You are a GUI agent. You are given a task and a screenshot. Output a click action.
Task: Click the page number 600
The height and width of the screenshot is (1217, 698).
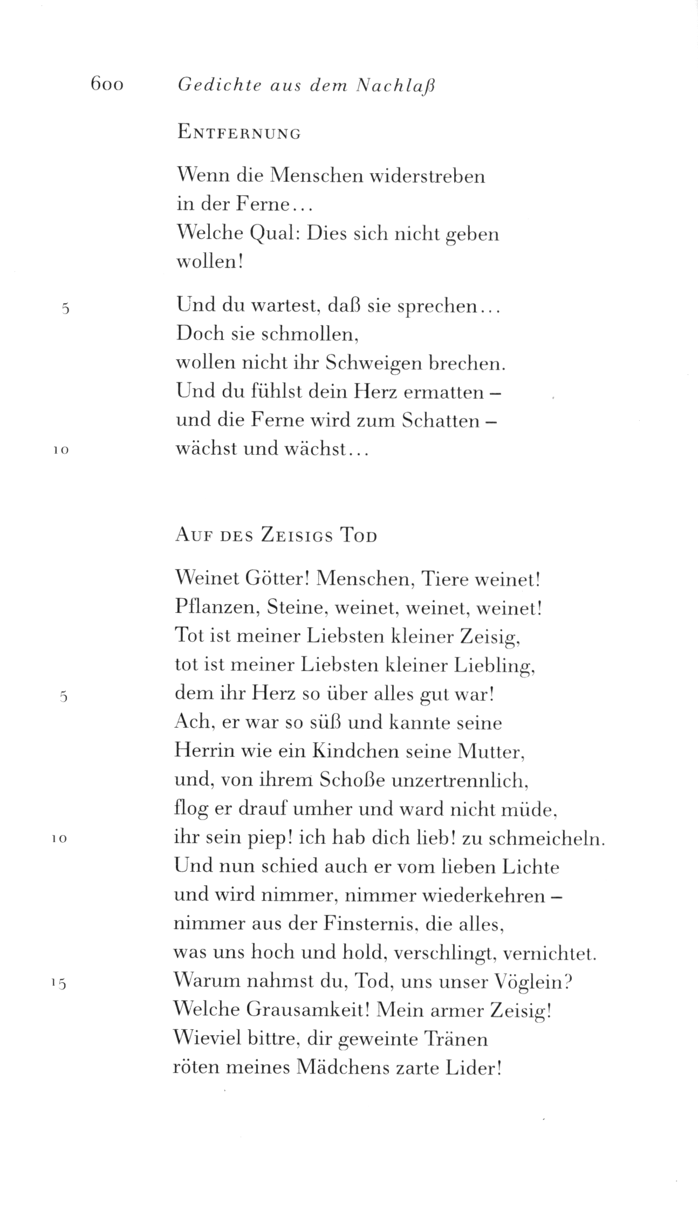[107, 85]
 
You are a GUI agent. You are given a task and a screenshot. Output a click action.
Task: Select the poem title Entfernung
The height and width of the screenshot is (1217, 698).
[238, 133]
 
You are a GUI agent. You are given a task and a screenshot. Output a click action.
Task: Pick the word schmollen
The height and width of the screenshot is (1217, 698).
[310, 334]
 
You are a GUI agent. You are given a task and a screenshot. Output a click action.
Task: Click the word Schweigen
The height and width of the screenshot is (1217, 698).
[371, 364]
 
